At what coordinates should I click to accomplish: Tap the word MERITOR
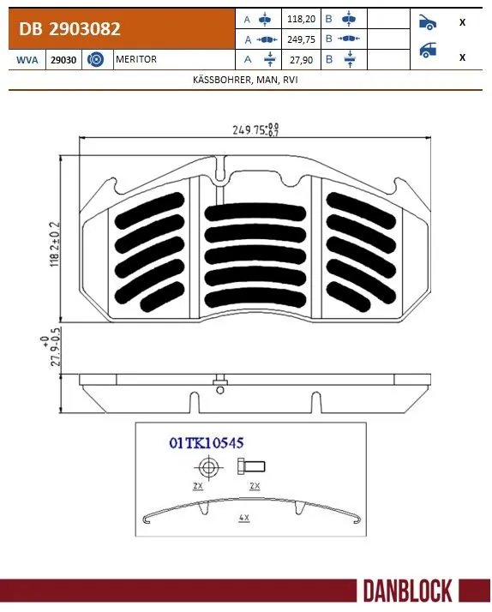[137, 59]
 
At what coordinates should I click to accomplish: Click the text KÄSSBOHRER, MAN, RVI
[245, 79]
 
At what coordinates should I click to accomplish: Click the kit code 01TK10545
[207, 443]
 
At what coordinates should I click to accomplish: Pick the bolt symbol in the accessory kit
[251, 466]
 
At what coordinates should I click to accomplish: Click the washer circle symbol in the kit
[207, 467]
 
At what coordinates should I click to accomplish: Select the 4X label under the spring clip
[245, 519]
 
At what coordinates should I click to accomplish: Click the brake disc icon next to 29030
[97, 59]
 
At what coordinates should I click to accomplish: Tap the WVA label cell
[25, 59]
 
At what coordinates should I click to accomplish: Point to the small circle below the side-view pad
[220, 390]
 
